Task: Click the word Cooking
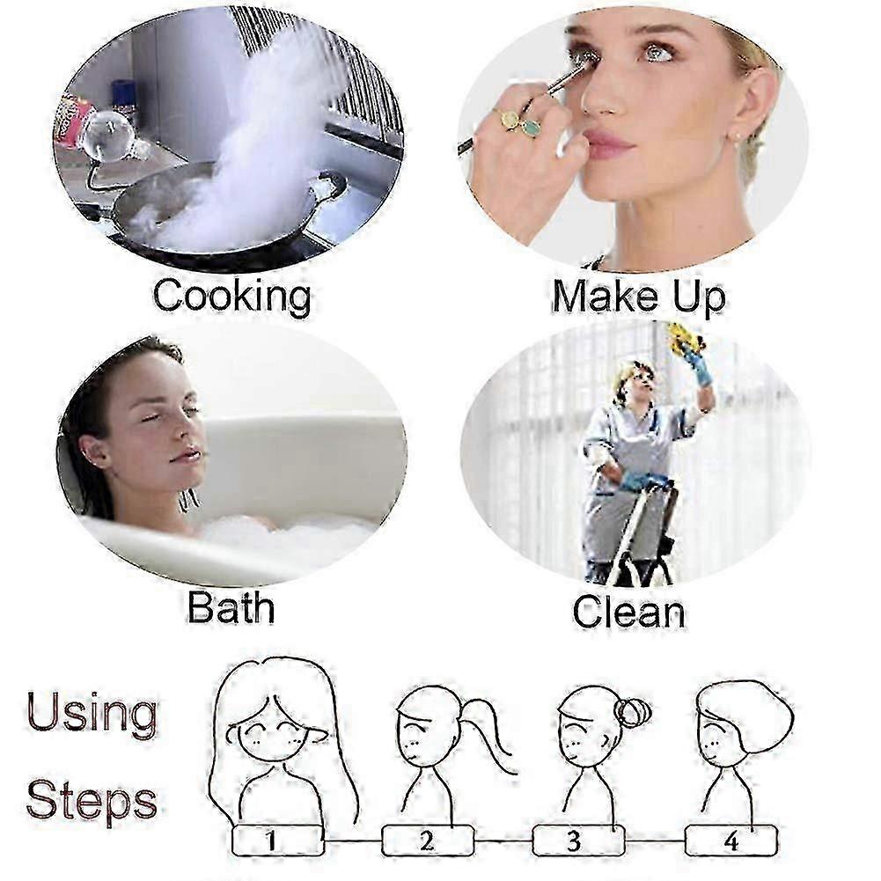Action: pos(232,296)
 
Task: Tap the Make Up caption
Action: pos(639,296)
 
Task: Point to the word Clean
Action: pos(628,612)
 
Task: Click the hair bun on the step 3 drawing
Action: pos(633,712)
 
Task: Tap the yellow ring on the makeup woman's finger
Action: pos(509,119)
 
